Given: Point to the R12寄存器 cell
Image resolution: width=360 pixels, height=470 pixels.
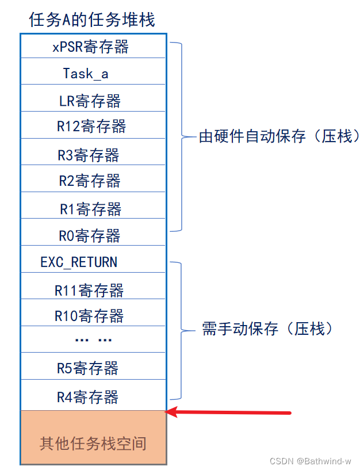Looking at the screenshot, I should [91, 127].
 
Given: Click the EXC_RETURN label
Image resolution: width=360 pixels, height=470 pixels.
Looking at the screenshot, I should [79, 262].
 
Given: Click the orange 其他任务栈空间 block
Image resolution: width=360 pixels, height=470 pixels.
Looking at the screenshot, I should [93, 443].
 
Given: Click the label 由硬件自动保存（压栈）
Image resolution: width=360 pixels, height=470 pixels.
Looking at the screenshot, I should [279, 137].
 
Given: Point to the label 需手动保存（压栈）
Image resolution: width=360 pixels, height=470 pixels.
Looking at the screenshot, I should [267, 329].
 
